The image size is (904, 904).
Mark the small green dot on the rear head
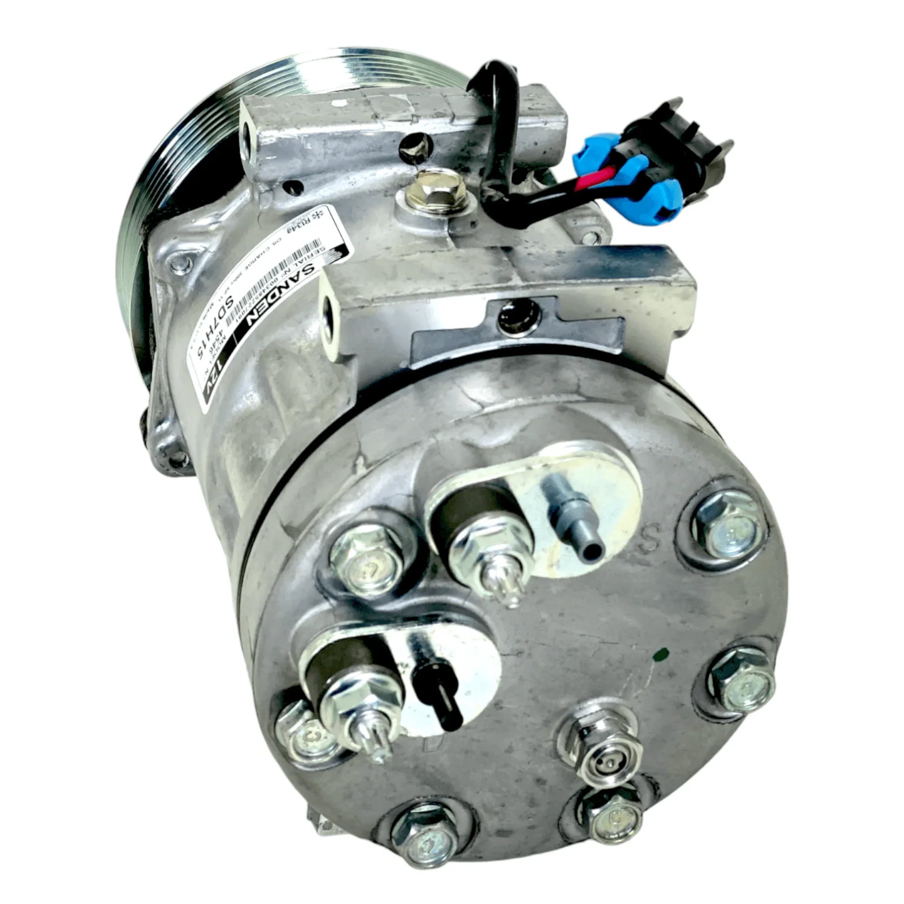(x=660, y=652)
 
